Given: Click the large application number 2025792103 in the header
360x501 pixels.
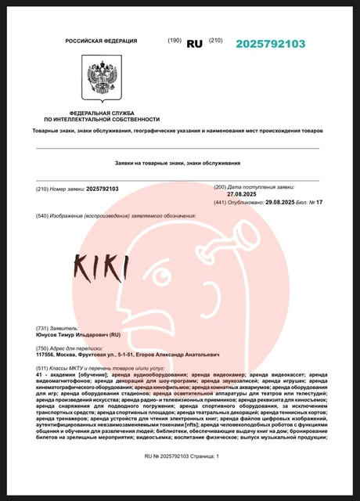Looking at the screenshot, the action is (x=270, y=44).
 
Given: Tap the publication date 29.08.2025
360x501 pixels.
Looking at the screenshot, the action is (x=266, y=202).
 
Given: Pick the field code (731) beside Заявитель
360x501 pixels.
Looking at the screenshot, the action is (x=45, y=327).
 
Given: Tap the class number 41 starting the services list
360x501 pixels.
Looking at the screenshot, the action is (x=40, y=376).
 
